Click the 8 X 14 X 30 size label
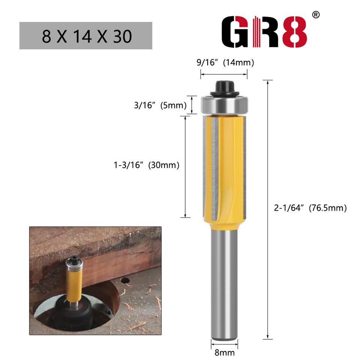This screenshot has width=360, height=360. [x=86, y=36]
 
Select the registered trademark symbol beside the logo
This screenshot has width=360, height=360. [x=316, y=15]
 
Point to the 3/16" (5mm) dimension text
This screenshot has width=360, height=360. [x=160, y=106]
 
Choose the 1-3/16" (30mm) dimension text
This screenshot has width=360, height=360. [x=146, y=165]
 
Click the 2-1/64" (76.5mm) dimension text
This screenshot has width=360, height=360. [x=310, y=208]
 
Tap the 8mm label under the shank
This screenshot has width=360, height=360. [x=224, y=352]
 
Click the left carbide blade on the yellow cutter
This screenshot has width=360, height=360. [x=212, y=169]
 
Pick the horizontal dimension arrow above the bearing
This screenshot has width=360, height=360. [x=224, y=75]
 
